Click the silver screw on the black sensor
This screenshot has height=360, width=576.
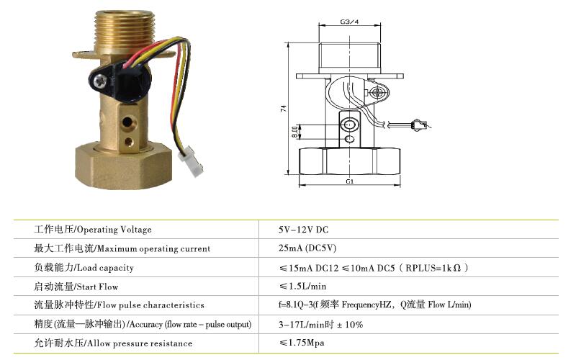point(100,81)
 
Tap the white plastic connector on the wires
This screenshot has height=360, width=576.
point(190,161)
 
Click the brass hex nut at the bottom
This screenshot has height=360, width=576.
point(123,166)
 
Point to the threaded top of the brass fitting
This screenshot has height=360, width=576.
point(124,31)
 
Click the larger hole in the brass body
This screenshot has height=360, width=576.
point(127,122)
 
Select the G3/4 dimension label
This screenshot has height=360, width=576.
point(349,22)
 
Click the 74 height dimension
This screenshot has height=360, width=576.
point(284,109)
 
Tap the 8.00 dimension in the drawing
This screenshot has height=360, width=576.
point(295,132)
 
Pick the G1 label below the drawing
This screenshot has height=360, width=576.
point(349,181)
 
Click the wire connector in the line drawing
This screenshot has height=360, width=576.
point(420,125)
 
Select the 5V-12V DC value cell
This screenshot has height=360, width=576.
point(303,230)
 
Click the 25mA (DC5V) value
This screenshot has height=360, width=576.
point(307,248)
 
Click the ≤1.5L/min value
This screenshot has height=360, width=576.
point(302,286)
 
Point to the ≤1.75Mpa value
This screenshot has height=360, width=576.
point(302,343)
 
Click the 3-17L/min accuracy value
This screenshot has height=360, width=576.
point(320,325)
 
